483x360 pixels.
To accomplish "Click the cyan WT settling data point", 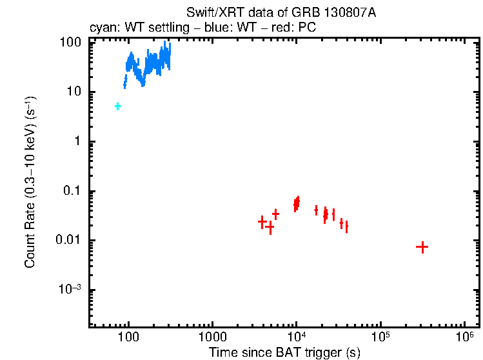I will coord(117,106).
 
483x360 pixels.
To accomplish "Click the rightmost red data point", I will coord(422,247).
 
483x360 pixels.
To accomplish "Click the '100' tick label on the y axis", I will coord(70,43).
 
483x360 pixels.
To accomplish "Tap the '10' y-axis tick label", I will coord(74,92).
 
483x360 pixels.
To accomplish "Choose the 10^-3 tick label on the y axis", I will coord(70,290).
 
